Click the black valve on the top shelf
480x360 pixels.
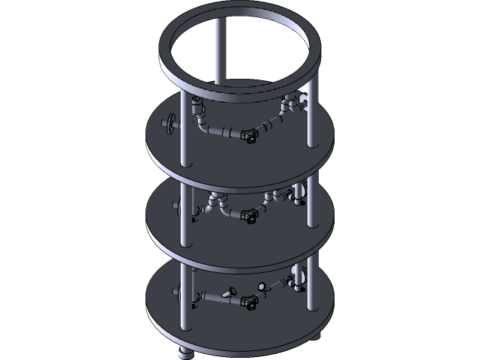pyautogui.click(x=251, y=136)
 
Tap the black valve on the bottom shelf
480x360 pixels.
pyautogui.click(x=251, y=302)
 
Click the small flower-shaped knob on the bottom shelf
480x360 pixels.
pyautogui.click(x=262, y=286)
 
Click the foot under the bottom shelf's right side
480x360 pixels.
pyautogui.click(x=314, y=335)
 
